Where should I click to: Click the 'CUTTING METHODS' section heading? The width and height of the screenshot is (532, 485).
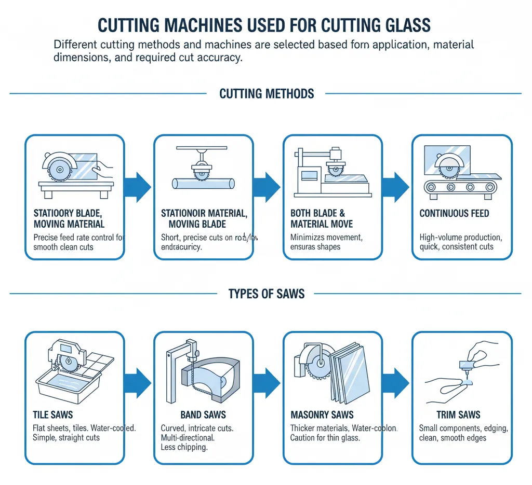coord(267,94)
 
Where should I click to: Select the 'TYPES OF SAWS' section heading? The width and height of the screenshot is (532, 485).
coord(267,294)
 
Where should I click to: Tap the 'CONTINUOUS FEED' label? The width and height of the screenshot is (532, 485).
coord(454,213)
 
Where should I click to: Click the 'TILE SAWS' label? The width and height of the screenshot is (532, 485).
coord(53,414)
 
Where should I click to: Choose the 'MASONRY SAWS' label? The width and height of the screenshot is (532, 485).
coord(322,415)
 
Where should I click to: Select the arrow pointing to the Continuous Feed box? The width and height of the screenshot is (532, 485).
coord(397,185)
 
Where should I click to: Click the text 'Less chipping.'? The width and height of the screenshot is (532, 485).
coord(185,447)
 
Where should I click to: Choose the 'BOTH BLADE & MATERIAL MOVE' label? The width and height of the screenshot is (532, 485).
coord(322,218)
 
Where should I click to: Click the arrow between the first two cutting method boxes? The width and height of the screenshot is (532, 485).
coord(139,185)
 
